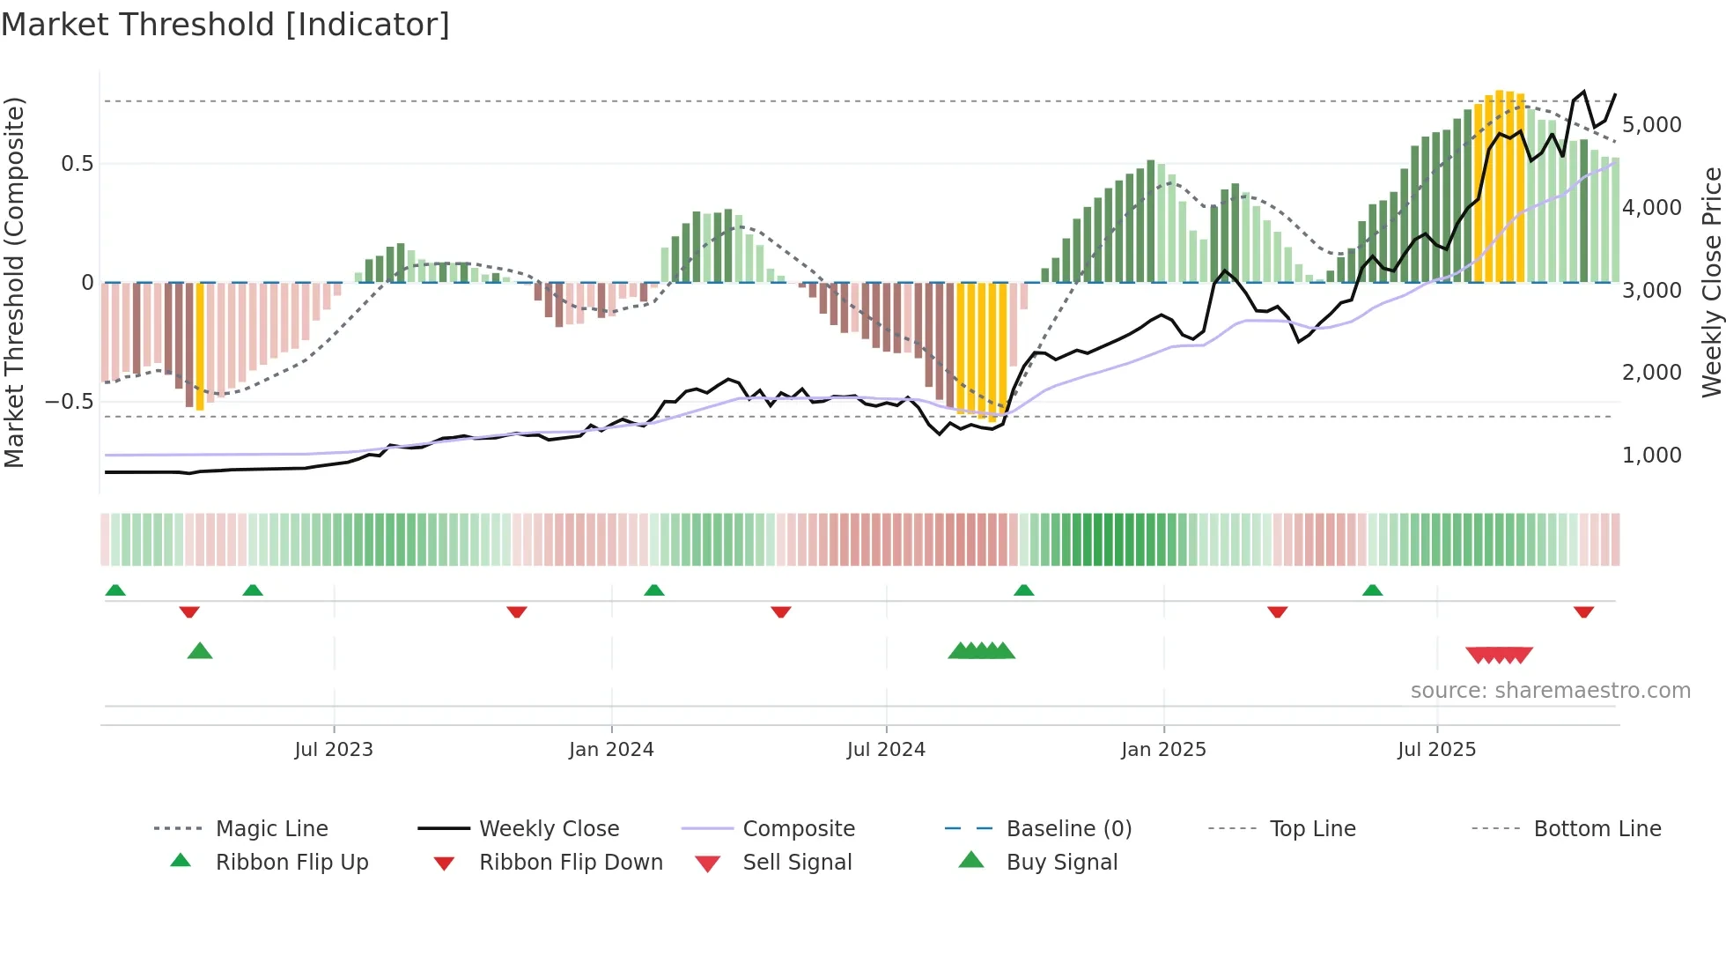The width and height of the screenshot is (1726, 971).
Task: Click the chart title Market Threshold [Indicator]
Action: [x=225, y=25]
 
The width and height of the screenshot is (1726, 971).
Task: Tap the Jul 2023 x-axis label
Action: [x=334, y=750]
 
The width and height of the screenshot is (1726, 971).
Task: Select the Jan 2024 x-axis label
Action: [x=611, y=750]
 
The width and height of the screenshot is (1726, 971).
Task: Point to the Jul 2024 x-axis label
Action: [x=886, y=750]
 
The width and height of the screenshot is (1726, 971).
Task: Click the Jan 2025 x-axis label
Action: [x=1163, y=750]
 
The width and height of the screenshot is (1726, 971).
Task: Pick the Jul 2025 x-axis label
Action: [x=1436, y=750]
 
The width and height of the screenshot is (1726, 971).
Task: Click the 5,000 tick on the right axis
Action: [x=1651, y=125]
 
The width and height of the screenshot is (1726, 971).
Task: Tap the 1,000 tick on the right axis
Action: [x=1651, y=456]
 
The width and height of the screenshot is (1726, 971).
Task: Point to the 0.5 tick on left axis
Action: [x=77, y=164]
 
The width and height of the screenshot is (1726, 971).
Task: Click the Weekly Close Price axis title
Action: [x=1711, y=282]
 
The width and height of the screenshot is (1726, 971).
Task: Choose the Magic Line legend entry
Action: [x=271, y=829]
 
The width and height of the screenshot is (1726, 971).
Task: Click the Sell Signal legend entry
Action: [x=797, y=863]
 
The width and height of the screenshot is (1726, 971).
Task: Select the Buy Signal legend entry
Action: [x=1061, y=863]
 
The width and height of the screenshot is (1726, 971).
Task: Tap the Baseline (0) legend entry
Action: [x=1068, y=829]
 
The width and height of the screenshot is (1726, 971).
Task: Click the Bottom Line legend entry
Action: [x=1597, y=829]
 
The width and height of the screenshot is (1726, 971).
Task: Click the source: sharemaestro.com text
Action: [x=1550, y=691]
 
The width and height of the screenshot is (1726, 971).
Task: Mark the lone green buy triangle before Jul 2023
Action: [x=200, y=652]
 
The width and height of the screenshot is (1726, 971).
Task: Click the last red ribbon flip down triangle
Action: [x=1583, y=612]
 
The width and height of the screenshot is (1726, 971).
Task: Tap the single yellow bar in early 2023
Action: [x=200, y=345]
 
